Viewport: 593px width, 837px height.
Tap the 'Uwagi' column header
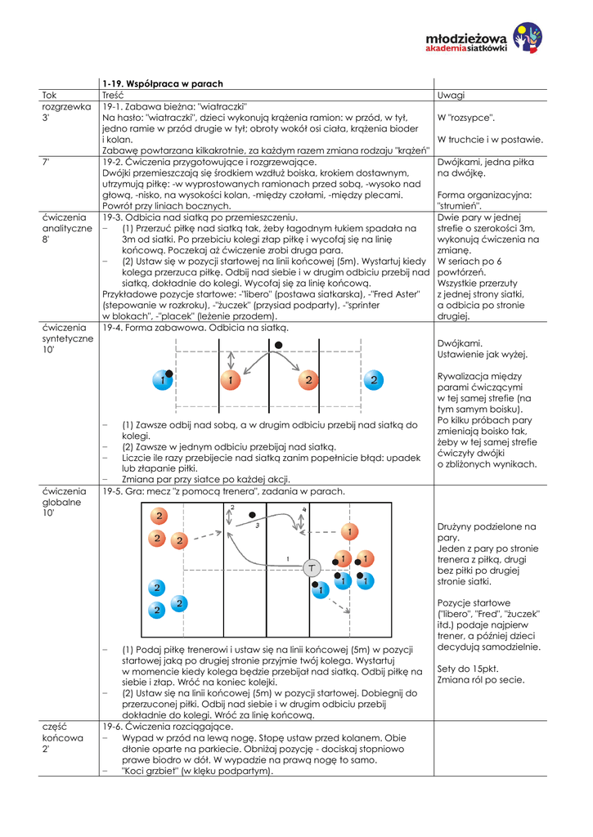(451, 96)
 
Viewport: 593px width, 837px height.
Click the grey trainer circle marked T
(312, 568)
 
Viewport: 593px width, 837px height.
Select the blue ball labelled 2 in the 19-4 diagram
(373, 380)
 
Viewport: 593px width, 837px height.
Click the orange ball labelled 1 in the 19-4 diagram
(230, 380)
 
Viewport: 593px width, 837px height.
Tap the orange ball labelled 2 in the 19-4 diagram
(308, 380)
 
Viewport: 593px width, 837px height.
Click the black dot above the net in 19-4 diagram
(279, 346)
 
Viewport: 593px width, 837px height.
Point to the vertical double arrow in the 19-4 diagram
(231, 360)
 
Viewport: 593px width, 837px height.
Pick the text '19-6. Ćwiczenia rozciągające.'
(168, 726)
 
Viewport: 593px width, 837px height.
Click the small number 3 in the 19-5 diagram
(258, 526)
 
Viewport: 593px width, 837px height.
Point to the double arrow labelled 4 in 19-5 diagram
(303, 521)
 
